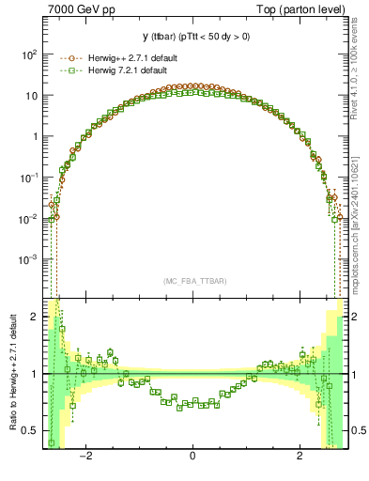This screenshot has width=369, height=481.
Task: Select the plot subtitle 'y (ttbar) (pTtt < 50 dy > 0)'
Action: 192,39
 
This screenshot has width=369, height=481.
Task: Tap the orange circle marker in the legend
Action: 68,58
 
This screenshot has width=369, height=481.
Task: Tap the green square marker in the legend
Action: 68,71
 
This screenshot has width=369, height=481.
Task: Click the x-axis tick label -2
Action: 85,458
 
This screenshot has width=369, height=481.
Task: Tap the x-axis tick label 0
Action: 192,458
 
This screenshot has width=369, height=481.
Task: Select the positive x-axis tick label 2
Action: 300,458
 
